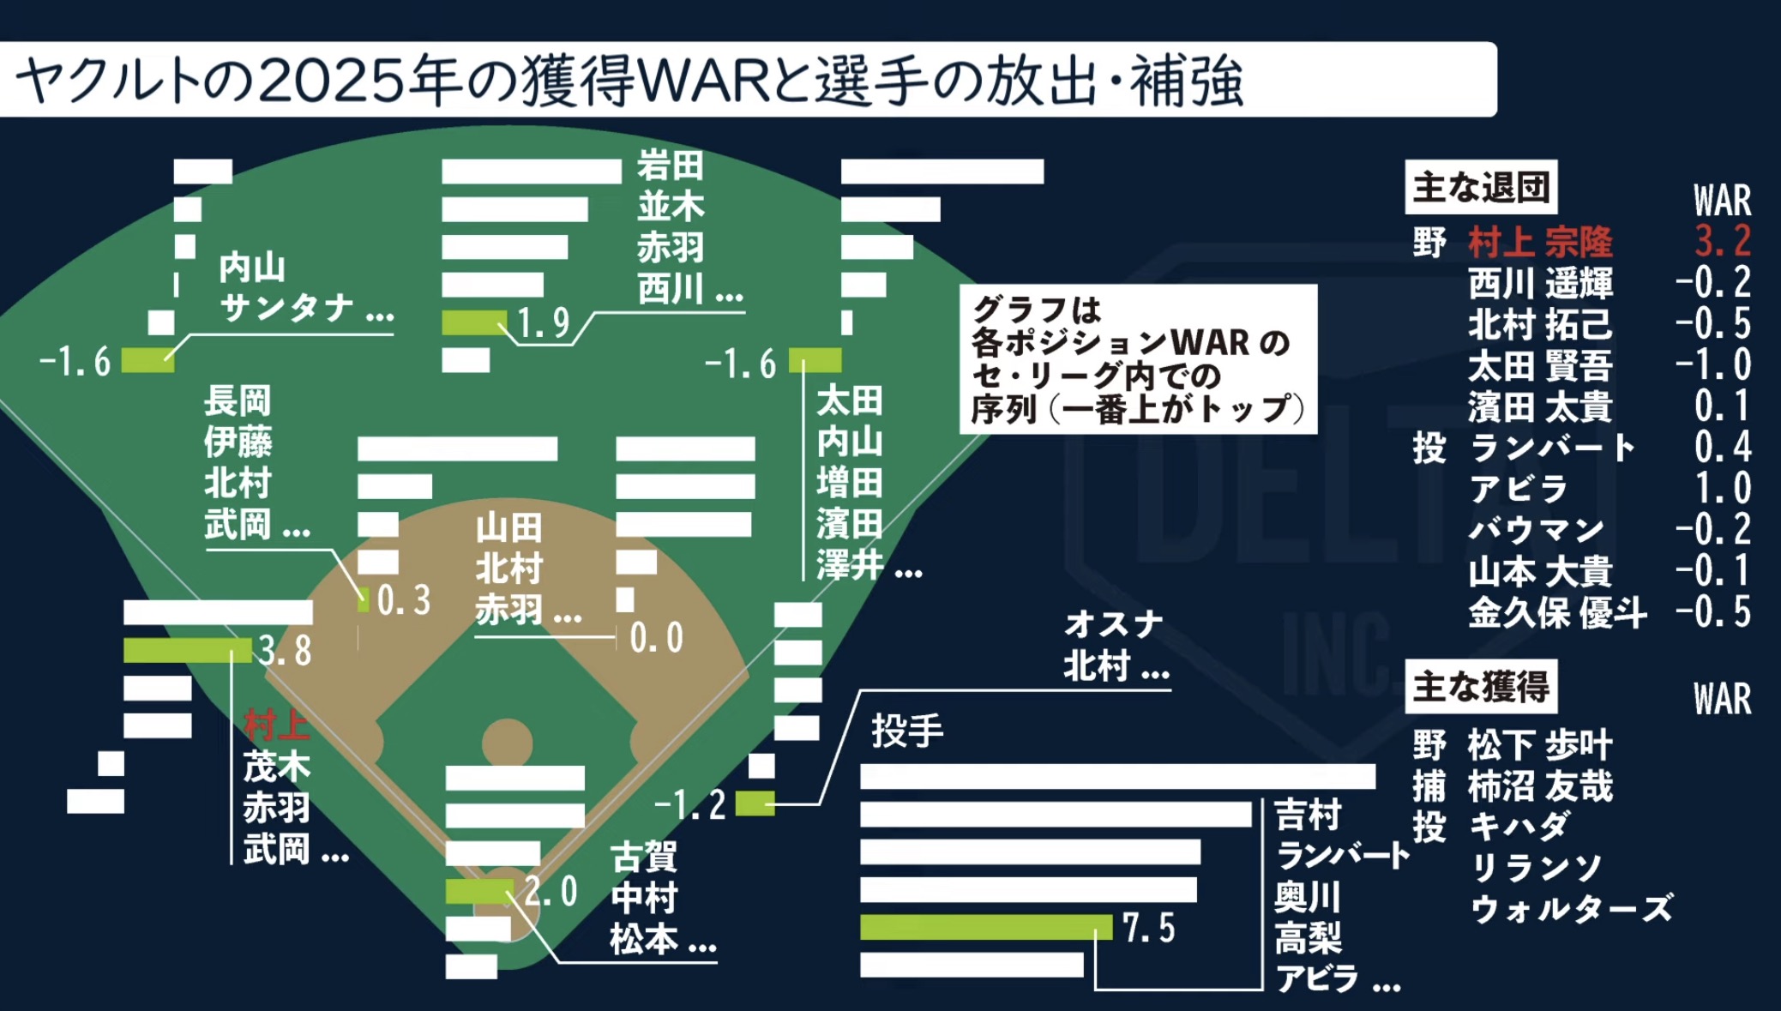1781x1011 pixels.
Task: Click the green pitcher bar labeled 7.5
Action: click(986, 927)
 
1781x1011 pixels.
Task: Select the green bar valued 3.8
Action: click(187, 650)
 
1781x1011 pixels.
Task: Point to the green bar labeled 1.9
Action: click(474, 322)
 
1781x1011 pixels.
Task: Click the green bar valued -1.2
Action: click(755, 803)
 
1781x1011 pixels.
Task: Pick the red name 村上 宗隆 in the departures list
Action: click(1540, 242)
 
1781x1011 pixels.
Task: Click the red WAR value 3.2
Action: click(1722, 241)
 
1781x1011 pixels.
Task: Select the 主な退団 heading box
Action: click(1481, 187)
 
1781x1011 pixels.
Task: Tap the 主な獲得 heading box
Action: click(1481, 686)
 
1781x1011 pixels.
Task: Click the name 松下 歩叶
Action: click(1540, 744)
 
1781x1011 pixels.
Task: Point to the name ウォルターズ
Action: click(1571, 908)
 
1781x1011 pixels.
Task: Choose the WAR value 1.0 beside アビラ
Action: click(1722, 488)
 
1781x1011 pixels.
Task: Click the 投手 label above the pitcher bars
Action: click(907, 731)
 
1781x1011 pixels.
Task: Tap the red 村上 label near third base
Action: click(275, 725)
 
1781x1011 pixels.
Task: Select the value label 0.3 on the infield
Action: click(404, 600)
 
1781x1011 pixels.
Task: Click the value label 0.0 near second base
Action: click(656, 638)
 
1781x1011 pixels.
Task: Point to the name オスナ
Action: click(1113, 623)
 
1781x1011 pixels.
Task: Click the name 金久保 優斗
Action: click(1557, 612)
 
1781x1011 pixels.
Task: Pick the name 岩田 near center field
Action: click(670, 165)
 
